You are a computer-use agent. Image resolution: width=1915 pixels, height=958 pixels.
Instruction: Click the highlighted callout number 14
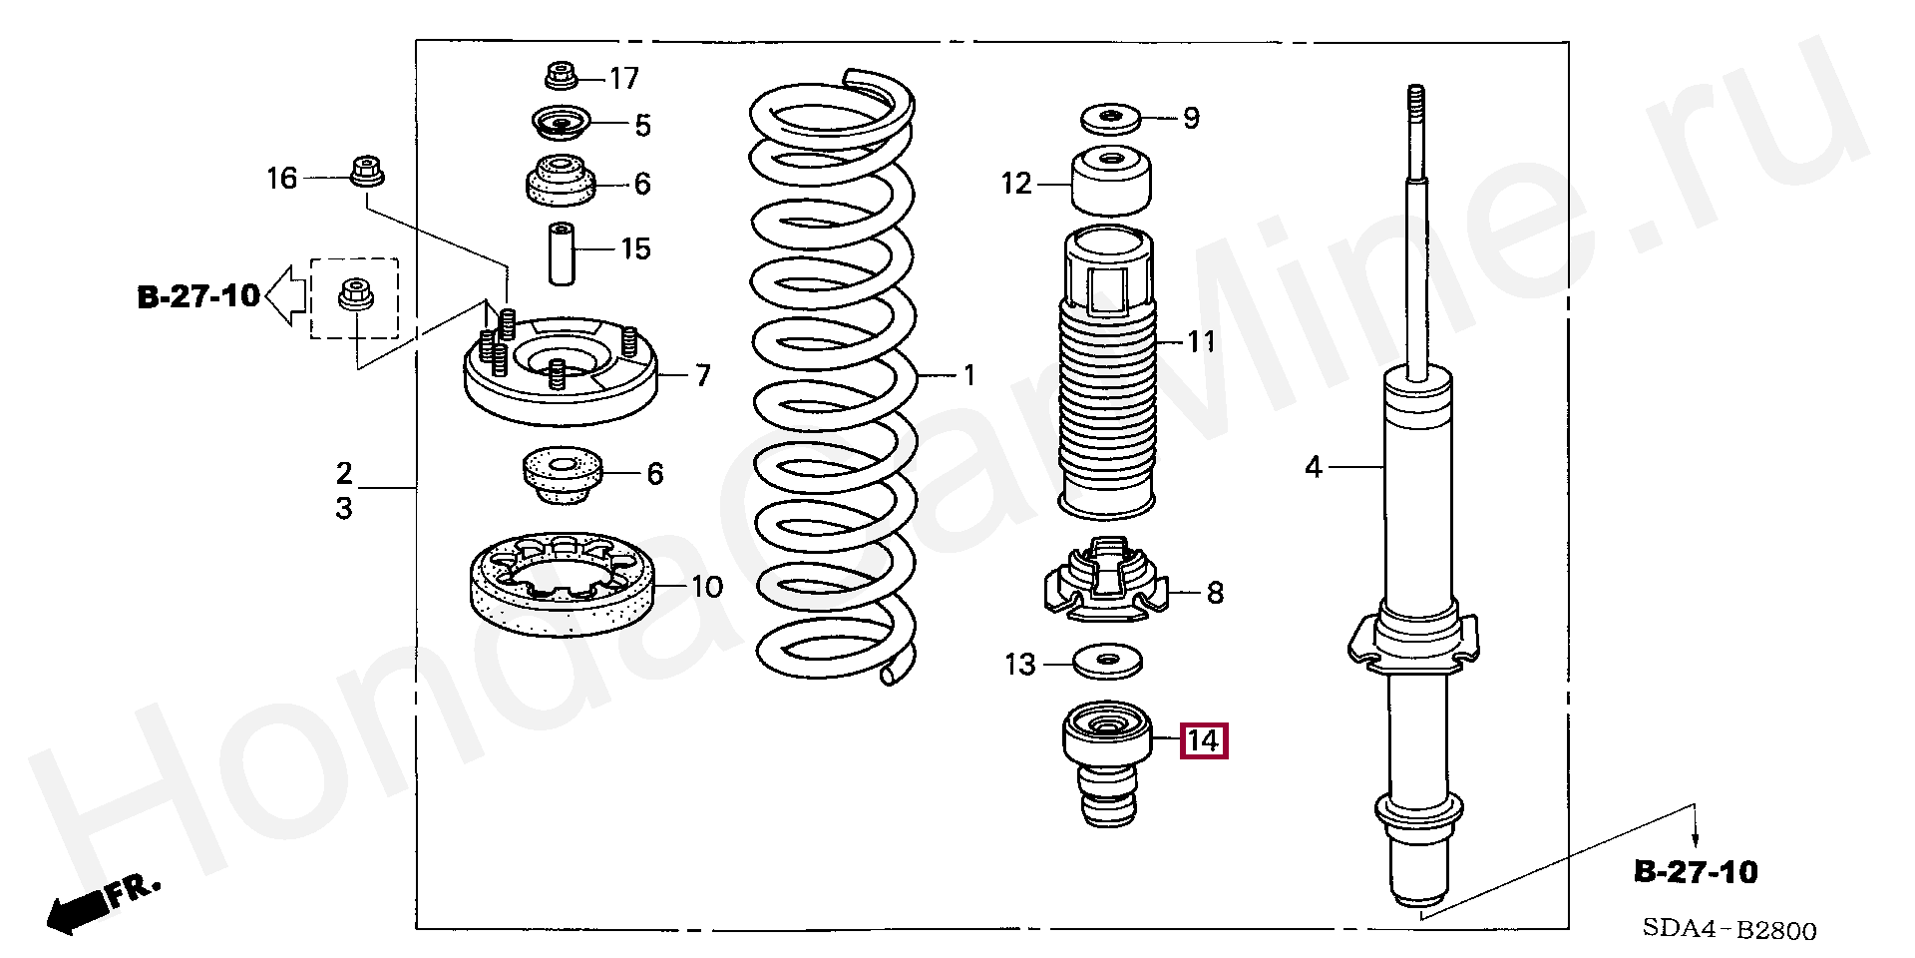pyautogui.click(x=1204, y=741)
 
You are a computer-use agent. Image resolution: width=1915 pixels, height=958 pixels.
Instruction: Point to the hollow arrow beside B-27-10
pyautogui.click(x=285, y=296)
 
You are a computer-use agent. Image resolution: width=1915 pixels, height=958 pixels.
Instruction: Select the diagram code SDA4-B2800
pyautogui.click(x=1729, y=931)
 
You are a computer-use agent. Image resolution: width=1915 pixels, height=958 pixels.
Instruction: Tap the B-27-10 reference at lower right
pyautogui.click(x=1696, y=872)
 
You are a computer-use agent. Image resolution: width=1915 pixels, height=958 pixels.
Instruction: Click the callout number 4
pyautogui.click(x=1314, y=466)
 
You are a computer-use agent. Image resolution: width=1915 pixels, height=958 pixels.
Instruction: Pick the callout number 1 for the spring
pyautogui.click(x=967, y=376)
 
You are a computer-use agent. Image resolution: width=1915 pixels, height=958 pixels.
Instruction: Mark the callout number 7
pyautogui.click(x=703, y=376)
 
